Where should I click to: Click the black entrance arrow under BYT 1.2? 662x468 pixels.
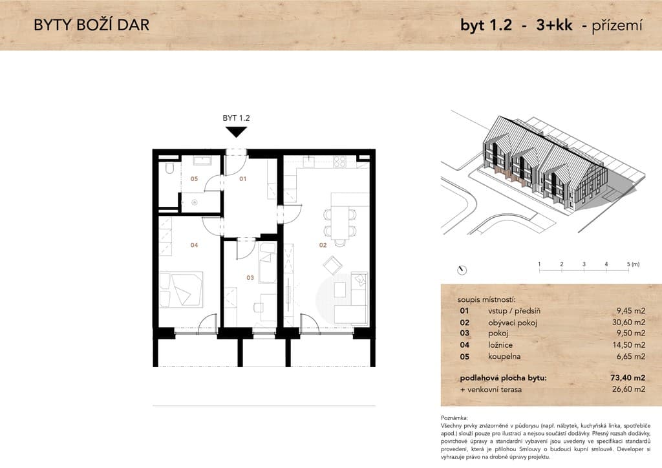236,132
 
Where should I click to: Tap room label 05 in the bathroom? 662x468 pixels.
194,179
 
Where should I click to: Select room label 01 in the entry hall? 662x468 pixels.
243,179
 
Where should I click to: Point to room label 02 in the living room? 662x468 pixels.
323,245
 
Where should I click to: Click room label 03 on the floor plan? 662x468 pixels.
250,278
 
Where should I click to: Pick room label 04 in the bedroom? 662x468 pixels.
194,245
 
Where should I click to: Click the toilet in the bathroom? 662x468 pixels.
169,169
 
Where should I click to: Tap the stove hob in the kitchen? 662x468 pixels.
340,161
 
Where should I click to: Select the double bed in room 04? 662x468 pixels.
181,290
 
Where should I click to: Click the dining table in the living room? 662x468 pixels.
341,222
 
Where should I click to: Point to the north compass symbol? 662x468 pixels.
462,270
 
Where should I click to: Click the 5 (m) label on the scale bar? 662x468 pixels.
634,264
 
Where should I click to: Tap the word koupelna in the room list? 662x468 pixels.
504,357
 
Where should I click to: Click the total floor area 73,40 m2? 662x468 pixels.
628,378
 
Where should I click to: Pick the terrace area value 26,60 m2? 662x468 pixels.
628,389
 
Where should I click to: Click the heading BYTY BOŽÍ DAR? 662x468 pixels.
92,25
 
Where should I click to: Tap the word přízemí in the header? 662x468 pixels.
617,26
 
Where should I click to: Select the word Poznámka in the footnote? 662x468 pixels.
454,418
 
